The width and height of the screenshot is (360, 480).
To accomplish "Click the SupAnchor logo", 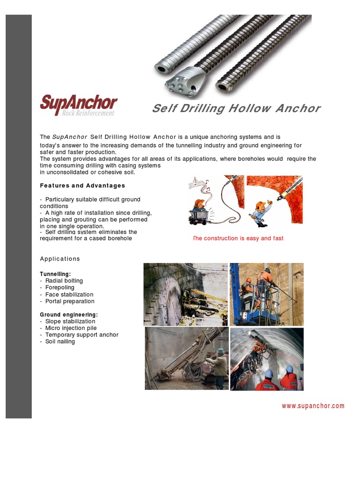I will coord(78,105).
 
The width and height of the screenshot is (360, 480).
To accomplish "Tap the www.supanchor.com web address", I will coord(313,406).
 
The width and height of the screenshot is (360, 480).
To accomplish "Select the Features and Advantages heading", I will coord(82,186).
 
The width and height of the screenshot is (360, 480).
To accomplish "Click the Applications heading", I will coord(60,259).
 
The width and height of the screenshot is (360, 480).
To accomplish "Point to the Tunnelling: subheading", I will coord(55,274).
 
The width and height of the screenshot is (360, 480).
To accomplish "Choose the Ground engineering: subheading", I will coord(69,315).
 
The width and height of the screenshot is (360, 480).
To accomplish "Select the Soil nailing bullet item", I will coord(60,341).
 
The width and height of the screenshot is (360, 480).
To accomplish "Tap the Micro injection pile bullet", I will coord(71,328).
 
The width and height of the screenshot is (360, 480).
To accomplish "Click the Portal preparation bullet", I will coord(70,301).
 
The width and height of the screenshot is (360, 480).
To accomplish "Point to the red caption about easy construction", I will coord(238,238).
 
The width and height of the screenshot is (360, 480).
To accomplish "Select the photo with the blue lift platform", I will coord(266,294).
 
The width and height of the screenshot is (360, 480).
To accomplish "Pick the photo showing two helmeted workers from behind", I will coord(266,359).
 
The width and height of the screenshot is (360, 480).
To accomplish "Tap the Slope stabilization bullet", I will coord(70,322).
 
